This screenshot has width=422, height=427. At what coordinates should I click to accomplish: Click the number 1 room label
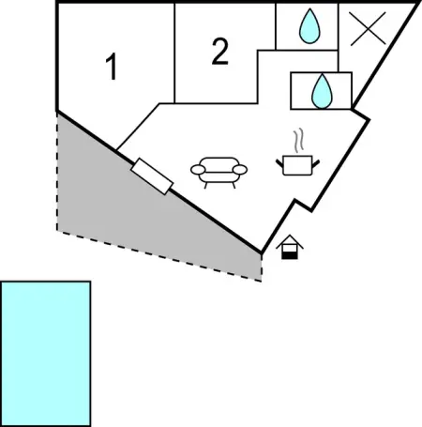pos(112,67)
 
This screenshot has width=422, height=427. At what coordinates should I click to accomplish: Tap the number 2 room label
pos(220,52)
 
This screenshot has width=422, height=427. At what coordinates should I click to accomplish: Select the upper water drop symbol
pos(309,26)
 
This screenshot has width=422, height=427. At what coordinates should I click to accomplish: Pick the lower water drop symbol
pos(322,91)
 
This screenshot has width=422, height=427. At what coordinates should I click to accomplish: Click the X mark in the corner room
pos(368,29)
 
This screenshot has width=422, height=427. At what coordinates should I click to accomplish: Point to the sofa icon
pos(219,173)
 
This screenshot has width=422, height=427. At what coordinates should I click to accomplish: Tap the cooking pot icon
pos(297,165)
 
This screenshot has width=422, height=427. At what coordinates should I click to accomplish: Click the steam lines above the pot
pos(298,140)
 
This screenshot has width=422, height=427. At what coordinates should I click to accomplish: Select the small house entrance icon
pos(290,247)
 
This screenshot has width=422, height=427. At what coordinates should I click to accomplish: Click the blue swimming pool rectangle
pos(46,354)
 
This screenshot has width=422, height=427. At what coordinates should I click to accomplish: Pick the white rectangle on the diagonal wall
pos(152,176)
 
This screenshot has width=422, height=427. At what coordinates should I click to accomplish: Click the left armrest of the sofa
pos(198,170)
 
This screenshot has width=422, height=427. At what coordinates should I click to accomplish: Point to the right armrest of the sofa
pos(240,170)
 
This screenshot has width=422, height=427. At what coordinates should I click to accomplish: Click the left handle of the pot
pos(279,163)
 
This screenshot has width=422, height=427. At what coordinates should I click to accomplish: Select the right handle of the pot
pos(316,163)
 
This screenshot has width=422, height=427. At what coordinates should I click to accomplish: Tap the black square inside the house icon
pos(290,255)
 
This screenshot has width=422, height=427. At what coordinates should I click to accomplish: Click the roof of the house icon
pos(290,241)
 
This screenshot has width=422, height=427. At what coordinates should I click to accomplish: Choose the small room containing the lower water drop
pos(322,91)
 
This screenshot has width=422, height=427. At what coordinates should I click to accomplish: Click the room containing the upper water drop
pos(307,26)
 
